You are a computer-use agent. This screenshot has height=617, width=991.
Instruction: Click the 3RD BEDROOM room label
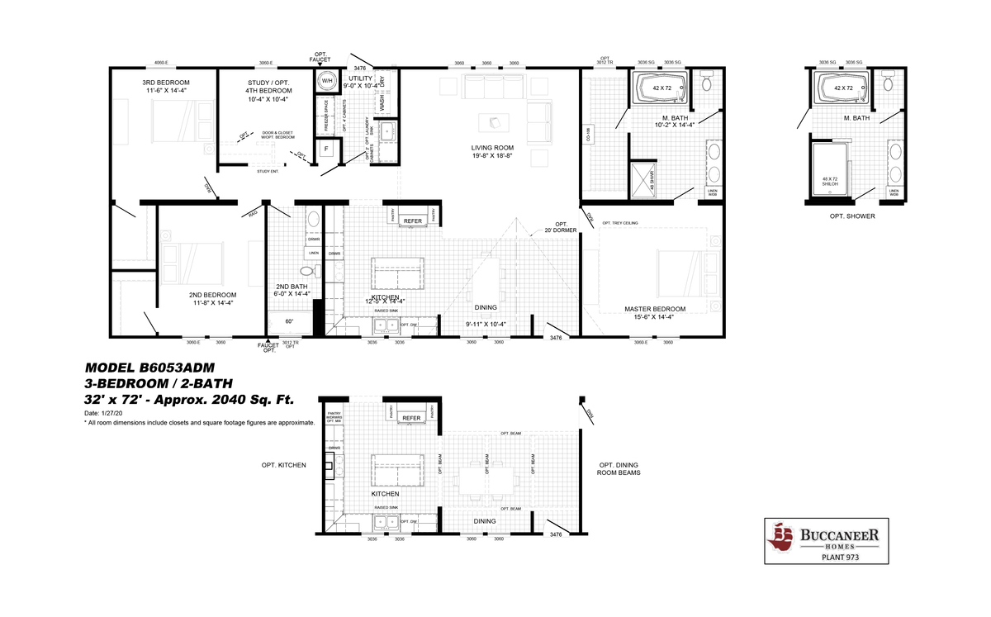click(166, 83)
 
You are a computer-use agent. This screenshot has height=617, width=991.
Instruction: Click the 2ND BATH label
click(292, 287)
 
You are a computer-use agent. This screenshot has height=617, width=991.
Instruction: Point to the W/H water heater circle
click(326, 80)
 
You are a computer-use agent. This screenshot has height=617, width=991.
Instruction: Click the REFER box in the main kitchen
click(412, 221)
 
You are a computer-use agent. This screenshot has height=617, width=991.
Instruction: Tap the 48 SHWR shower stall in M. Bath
click(642, 177)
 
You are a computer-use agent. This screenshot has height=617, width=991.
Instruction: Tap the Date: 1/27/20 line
click(103, 412)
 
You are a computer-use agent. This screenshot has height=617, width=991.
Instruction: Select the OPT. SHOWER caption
click(853, 216)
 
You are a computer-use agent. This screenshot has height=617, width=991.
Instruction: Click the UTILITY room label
click(361, 78)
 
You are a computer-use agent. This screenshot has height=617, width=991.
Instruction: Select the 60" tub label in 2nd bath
click(289, 321)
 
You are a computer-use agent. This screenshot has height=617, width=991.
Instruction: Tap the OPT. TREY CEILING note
click(619, 223)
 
